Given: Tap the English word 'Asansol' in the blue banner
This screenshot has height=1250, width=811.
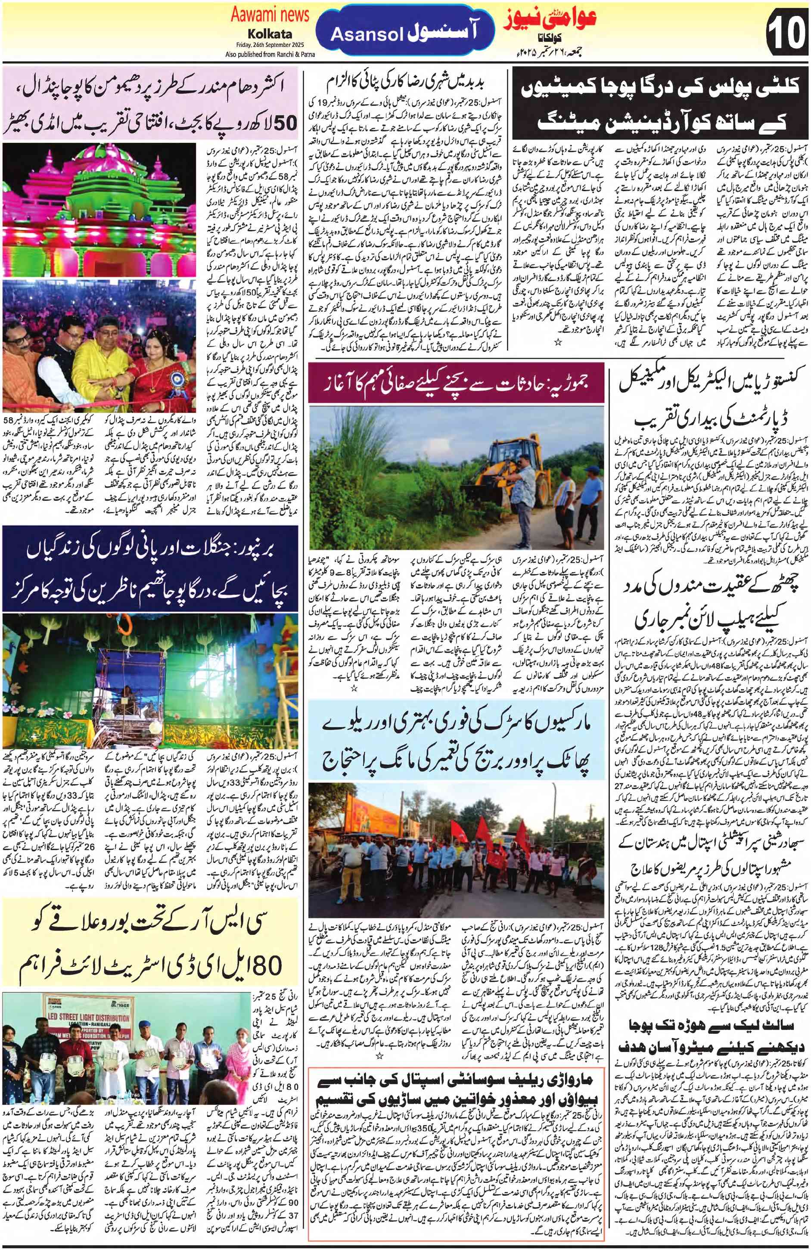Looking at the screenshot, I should tap(367, 35).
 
